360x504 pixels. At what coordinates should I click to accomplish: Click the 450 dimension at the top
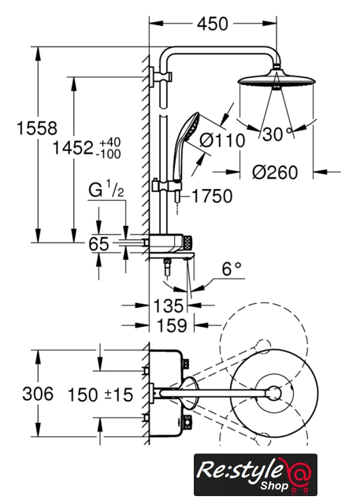(x=213, y=24)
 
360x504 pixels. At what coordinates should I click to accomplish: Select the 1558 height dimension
(x=37, y=128)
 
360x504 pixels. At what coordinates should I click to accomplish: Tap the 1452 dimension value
(x=72, y=148)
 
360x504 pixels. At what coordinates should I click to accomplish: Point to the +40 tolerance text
(x=109, y=143)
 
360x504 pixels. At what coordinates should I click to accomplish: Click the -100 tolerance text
(x=108, y=154)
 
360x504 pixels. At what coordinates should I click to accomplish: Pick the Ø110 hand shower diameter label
(x=222, y=140)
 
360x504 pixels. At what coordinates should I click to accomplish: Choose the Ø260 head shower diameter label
(x=275, y=172)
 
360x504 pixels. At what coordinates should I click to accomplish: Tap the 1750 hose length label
(x=212, y=196)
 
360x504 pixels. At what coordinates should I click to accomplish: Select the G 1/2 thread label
(x=106, y=189)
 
